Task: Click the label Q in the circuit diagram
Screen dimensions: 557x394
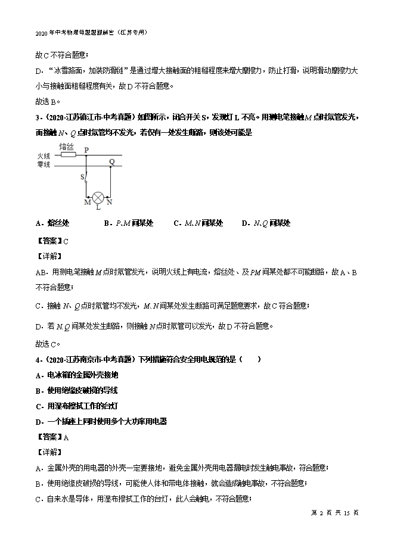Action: click(111, 161)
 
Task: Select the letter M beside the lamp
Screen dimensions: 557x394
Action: click(87, 203)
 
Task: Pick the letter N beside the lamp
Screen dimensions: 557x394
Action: click(108, 203)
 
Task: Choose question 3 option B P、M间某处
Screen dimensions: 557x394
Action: click(128, 223)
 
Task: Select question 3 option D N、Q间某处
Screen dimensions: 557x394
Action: click(266, 223)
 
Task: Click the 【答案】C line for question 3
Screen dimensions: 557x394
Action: click(53, 241)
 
